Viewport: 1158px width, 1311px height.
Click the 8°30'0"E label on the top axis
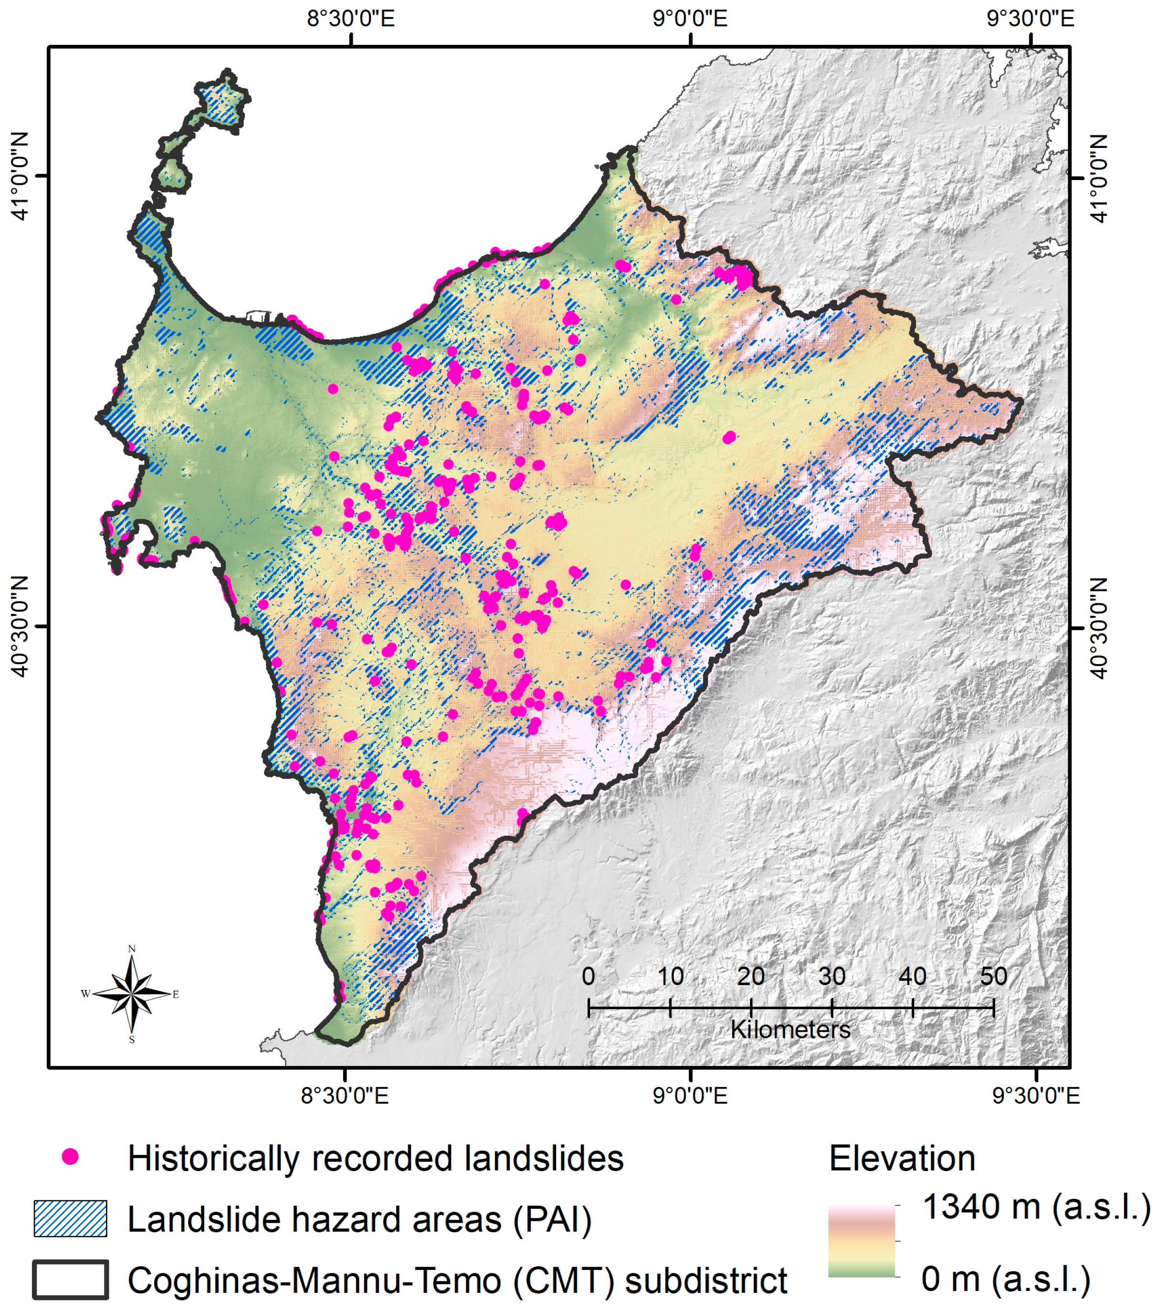pos(351,19)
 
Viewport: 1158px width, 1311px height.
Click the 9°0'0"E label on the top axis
pos(691,19)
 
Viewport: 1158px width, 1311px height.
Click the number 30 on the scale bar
pos(832,976)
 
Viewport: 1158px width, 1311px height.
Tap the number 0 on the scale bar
pos(588,976)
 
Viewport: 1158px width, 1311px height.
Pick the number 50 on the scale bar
pos(993,976)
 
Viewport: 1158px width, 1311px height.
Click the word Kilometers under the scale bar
pos(790,1030)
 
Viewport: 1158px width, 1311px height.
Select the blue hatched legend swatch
pos(71,1219)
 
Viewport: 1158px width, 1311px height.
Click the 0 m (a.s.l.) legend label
pos(1005,1279)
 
